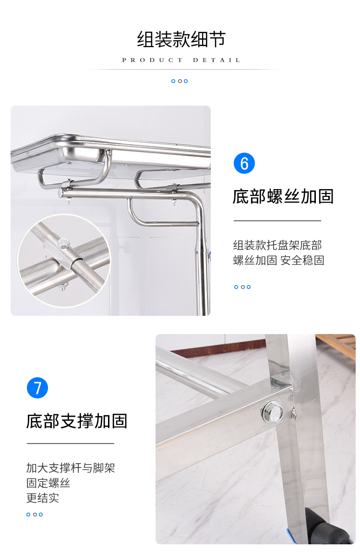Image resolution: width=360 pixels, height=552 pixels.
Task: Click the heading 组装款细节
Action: [181, 39]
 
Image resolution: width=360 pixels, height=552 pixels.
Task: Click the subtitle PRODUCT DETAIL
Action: [181, 60]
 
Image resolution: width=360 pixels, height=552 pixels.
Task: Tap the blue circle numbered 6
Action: [244, 163]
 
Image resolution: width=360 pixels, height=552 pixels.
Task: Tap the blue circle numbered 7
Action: [37, 388]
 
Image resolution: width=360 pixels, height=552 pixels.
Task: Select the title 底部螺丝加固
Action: [283, 196]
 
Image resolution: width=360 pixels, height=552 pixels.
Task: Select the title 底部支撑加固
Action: [76, 421]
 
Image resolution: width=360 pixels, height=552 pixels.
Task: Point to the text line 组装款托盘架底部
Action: [277, 245]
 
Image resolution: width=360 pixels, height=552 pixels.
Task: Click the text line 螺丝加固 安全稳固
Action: [279, 261]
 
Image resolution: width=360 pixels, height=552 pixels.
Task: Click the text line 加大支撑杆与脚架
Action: [71, 468]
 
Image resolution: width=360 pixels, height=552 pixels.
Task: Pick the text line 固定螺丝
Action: [48, 483]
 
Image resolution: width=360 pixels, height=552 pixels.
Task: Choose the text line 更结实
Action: [43, 498]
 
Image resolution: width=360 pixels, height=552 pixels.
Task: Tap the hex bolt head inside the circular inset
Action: [63, 244]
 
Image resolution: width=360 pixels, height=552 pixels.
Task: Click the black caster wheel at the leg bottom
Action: [327, 526]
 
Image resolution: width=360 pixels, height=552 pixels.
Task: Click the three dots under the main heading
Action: [180, 81]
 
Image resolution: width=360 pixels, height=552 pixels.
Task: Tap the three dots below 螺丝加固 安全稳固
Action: [242, 287]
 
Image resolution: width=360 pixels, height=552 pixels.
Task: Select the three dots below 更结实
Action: [35, 515]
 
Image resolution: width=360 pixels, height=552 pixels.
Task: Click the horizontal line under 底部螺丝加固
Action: [277, 221]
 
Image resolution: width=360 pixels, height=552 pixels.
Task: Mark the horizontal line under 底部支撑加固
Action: [71, 444]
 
